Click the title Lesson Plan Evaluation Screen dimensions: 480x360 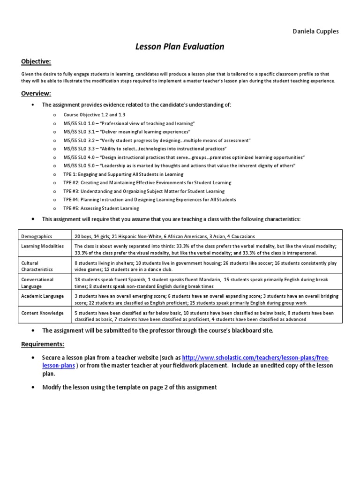(x=180, y=46)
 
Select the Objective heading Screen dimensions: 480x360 (x=36, y=61)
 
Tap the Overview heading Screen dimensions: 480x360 (x=36, y=93)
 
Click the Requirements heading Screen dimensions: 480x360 (x=43, y=345)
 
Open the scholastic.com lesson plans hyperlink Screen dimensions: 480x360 (x=255, y=357)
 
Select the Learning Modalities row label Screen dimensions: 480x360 (x=43, y=246)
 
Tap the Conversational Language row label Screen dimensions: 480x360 (x=37, y=283)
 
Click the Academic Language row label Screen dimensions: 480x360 (x=42, y=296)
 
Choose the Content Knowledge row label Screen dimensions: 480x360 (x=42, y=313)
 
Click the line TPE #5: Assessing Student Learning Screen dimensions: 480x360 (x=101, y=208)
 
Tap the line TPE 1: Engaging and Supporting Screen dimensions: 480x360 (x=124, y=174)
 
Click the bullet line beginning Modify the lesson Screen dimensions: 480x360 (x=130, y=387)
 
